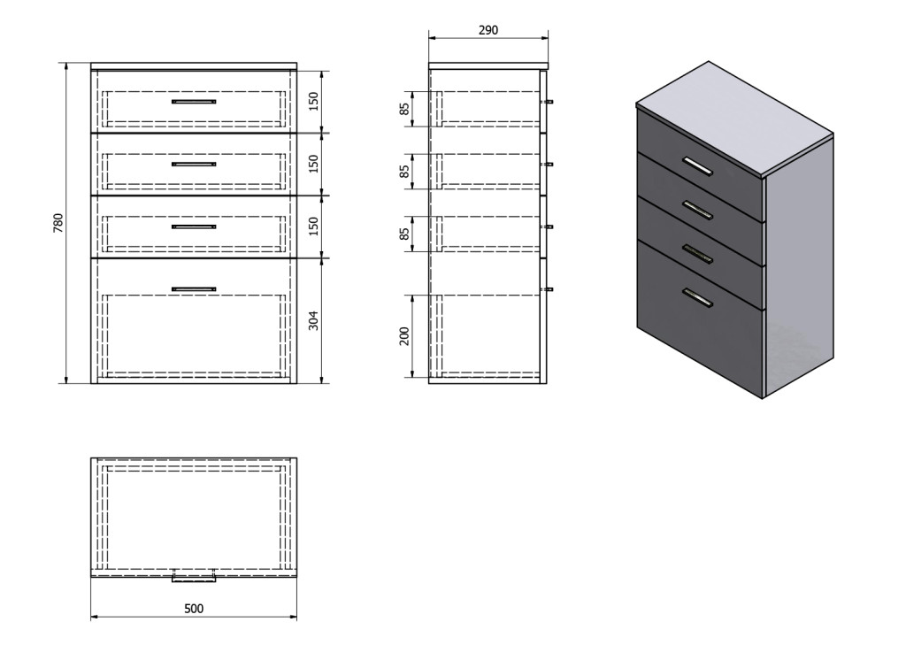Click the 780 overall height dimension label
(x=58, y=223)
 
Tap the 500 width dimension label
(x=194, y=609)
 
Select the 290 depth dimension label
(x=488, y=30)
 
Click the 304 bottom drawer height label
(x=313, y=321)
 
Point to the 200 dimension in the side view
(x=404, y=336)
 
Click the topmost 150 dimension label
(x=313, y=102)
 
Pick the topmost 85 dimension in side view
(x=404, y=108)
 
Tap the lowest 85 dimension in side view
(x=404, y=234)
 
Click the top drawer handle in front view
(x=194, y=102)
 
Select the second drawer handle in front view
(x=194, y=165)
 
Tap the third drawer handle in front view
(x=194, y=227)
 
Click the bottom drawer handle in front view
(x=194, y=289)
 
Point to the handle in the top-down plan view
(x=194, y=578)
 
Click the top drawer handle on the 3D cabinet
(x=697, y=165)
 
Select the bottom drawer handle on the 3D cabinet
(x=697, y=297)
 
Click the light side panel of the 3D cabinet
(x=799, y=265)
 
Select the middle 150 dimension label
(x=313, y=165)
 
